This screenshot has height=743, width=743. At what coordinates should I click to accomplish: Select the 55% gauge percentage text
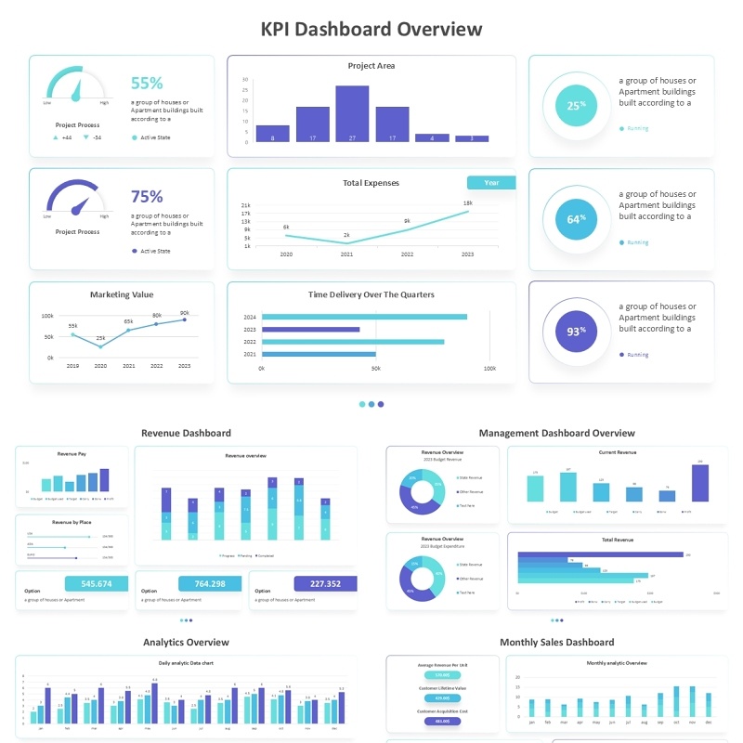tap(147, 83)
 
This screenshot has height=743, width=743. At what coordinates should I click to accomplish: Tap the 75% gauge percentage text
tap(147, 196)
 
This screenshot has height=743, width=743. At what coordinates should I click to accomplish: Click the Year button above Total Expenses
tap(491, 183)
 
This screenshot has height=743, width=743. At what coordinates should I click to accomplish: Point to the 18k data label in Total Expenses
tap(467, 202)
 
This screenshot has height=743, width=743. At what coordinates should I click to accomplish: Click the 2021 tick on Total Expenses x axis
tap(346, 254)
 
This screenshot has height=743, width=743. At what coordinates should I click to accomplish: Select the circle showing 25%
tap(576, 106)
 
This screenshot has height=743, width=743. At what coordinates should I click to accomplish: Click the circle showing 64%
tap(576, 219)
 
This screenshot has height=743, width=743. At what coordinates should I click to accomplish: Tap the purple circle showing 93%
tap(576, 332)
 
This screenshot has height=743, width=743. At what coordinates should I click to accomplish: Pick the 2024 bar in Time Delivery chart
tap(364, 317)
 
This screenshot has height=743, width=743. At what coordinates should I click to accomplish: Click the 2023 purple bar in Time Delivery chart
tap(310, 330)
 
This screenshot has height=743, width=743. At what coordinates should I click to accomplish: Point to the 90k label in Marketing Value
tap(185, 313)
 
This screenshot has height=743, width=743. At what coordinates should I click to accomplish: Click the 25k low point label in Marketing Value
tap(100, 338)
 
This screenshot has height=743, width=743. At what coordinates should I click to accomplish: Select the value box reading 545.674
tap(97, 584)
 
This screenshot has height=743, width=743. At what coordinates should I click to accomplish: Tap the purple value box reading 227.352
tap(325, 584)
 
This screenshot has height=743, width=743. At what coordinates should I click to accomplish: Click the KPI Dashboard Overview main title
tap(371, 29)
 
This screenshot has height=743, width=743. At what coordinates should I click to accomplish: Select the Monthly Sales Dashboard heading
tap(556, 642)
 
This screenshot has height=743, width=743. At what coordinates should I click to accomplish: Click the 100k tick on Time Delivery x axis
tap(489, 369)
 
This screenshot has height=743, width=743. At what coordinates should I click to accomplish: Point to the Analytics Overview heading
tap(186, 642)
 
